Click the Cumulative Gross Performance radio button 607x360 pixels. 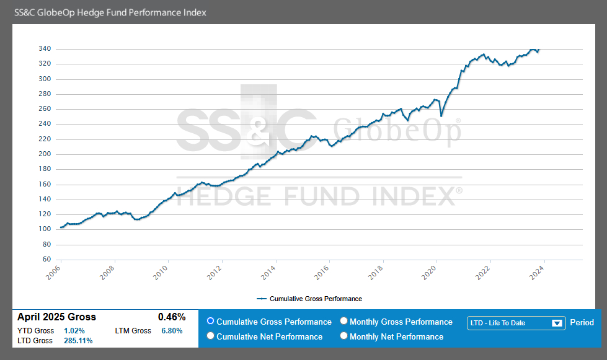[x=211, y=322]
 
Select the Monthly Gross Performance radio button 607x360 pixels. [x=344, y=322]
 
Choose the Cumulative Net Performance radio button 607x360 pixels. [x=211, y=336]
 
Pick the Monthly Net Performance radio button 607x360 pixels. [x=344, y=336]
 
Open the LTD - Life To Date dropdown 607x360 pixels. [x=516, y=323]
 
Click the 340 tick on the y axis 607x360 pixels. [x=44, y=49]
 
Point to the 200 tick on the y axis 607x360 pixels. [x=44, y=154]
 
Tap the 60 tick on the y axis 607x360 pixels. [x=47, y=260]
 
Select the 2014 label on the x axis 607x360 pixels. [x=270, y=271]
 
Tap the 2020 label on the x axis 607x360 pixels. [x=430, y=271]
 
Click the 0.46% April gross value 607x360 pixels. [x=172, y=317]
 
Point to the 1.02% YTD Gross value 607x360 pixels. [x=74, y=331]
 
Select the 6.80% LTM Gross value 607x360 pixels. [x=172, y=331]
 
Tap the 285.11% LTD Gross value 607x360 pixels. [x=78, y=341]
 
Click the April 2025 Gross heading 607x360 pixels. [x=56, y=317]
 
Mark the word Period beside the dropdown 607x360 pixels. [x=582, y=323]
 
